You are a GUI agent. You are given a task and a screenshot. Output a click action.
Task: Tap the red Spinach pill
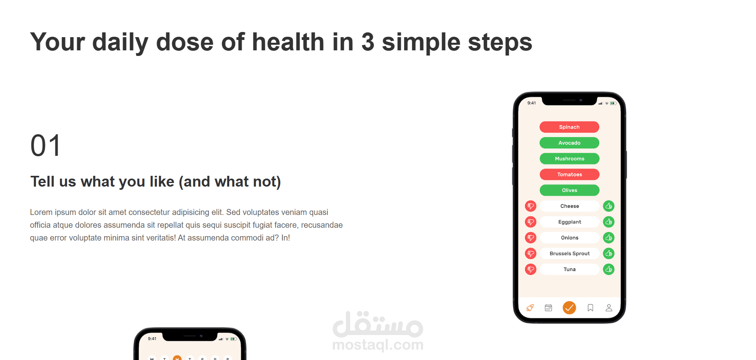569,127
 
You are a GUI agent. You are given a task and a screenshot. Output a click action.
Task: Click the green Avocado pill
569,143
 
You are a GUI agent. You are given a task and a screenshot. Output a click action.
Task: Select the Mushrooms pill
569,159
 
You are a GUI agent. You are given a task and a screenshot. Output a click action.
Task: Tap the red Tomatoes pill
569,175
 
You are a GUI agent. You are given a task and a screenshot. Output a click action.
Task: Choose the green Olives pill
569,190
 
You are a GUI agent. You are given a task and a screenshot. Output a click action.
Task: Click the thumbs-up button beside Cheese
609,206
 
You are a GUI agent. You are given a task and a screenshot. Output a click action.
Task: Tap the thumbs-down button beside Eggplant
530,222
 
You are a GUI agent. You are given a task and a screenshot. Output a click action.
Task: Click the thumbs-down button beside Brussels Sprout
530,253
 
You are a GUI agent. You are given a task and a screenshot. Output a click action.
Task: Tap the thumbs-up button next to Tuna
609,269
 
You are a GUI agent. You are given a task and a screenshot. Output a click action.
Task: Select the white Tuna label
569,269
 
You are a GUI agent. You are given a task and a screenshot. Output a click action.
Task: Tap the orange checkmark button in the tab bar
569,308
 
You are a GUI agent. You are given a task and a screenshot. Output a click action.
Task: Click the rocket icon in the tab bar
530,308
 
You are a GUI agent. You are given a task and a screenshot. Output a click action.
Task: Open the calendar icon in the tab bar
548,308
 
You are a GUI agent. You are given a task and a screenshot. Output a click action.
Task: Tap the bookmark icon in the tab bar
590,308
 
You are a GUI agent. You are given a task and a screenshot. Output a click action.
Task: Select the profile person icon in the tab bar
609,308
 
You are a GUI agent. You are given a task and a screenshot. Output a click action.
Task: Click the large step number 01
46,145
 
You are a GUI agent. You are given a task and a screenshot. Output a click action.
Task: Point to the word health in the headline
288,42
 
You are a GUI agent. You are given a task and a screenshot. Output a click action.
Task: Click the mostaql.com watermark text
378,344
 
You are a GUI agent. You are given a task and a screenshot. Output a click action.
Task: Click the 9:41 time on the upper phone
532,103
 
